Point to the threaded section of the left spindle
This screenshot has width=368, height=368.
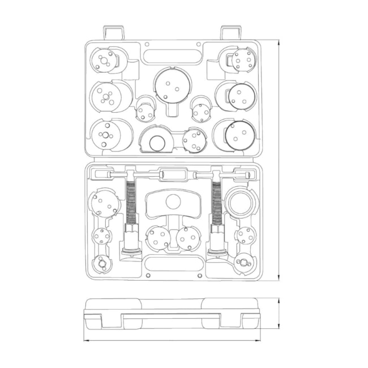[131, 203]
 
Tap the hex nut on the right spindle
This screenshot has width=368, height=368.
[216, 231]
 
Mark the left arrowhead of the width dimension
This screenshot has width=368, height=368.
[85, 340]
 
